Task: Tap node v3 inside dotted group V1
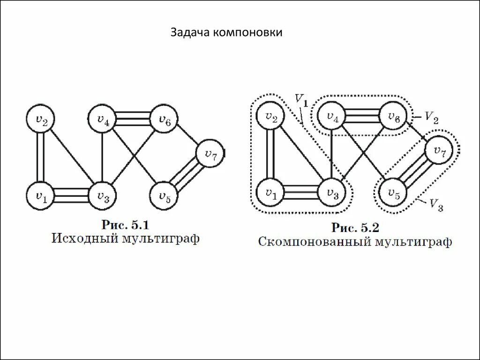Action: [x=332, y=192]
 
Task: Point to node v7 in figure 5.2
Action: [x=439, y=150]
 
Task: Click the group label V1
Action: [x=300, y=100]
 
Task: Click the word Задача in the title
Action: [x=190, y=33]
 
